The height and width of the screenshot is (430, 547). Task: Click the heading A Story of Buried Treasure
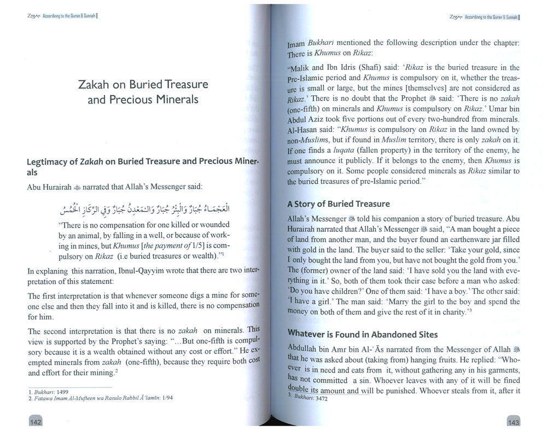339,204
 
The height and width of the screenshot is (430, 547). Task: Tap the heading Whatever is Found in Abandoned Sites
362,334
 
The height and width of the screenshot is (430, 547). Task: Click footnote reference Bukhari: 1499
45,392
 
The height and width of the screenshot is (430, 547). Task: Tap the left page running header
57,16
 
